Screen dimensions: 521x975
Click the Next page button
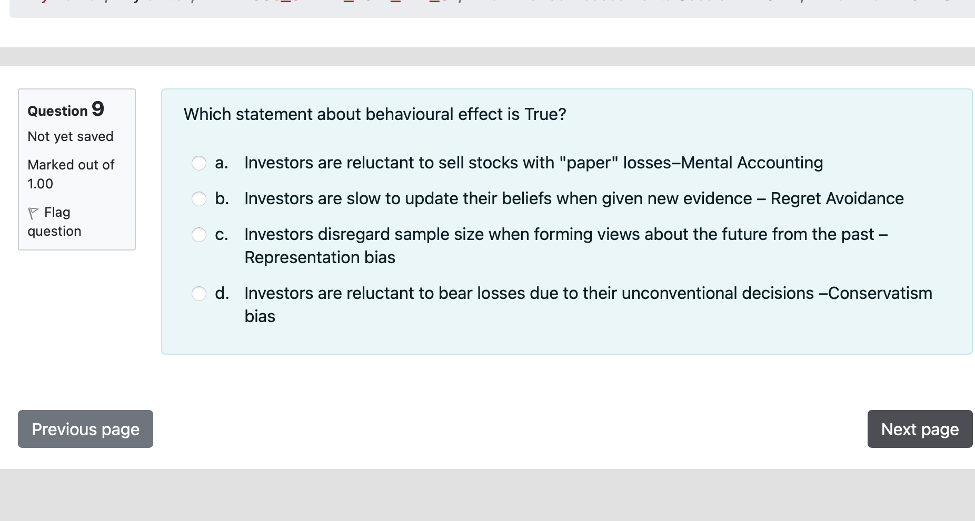920,429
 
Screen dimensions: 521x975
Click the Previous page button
85,429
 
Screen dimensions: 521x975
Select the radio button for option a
199,163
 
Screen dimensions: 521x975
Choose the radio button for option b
199,199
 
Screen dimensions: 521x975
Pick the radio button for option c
199,235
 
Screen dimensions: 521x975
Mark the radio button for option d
199,294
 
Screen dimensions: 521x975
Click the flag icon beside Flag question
33,213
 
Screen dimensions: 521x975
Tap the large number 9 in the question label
98,109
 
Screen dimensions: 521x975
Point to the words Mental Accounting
752,163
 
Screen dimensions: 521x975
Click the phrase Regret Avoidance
837,198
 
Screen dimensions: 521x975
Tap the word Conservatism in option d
880,293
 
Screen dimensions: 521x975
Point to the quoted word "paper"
589,163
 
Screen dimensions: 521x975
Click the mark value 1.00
41,184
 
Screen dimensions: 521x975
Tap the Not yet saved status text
71,136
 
